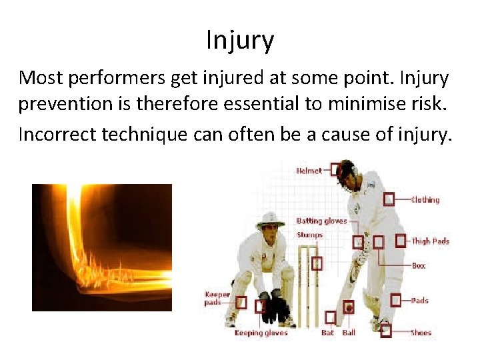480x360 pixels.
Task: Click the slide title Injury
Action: (x=240, y=41)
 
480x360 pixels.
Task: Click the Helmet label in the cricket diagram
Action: (x=309, y=170)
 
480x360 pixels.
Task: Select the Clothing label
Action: (x=425, y=199)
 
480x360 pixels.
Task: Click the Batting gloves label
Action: (x=321, y=221)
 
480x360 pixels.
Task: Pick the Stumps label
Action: (x=309, y=235)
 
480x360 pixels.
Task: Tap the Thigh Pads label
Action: (x=430, y=241)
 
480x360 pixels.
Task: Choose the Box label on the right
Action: (x=418, y=265)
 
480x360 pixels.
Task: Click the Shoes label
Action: (x=421, y=333)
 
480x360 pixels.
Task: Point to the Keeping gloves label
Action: (x=261, y=333)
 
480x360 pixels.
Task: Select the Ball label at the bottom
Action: (x=349, y=333)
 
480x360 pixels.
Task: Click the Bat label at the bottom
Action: (x=327, y=333)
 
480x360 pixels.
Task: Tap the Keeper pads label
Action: (x=217, y=298)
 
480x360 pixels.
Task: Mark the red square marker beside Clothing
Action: (x=389, y=199)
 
